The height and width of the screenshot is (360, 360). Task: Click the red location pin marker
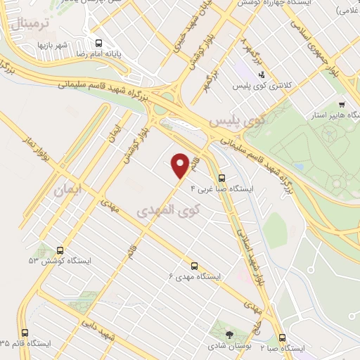(x=181, y=165)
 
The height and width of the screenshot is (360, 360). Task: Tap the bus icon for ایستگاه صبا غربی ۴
(x=222, y=178)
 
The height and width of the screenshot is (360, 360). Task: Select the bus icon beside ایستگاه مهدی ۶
(x=194, y=265)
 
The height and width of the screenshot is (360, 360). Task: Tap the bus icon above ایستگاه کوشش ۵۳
(x=59, y=250)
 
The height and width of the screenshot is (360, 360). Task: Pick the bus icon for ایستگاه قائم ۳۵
(x=25, y=333)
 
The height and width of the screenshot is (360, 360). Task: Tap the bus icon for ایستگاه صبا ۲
(x=282, y=337)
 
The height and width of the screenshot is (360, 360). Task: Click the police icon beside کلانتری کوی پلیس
(x=262, y=74)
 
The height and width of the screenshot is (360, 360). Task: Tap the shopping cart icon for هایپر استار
(x=342, y=104)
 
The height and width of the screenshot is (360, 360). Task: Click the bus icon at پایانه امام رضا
(x=97, y=42)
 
